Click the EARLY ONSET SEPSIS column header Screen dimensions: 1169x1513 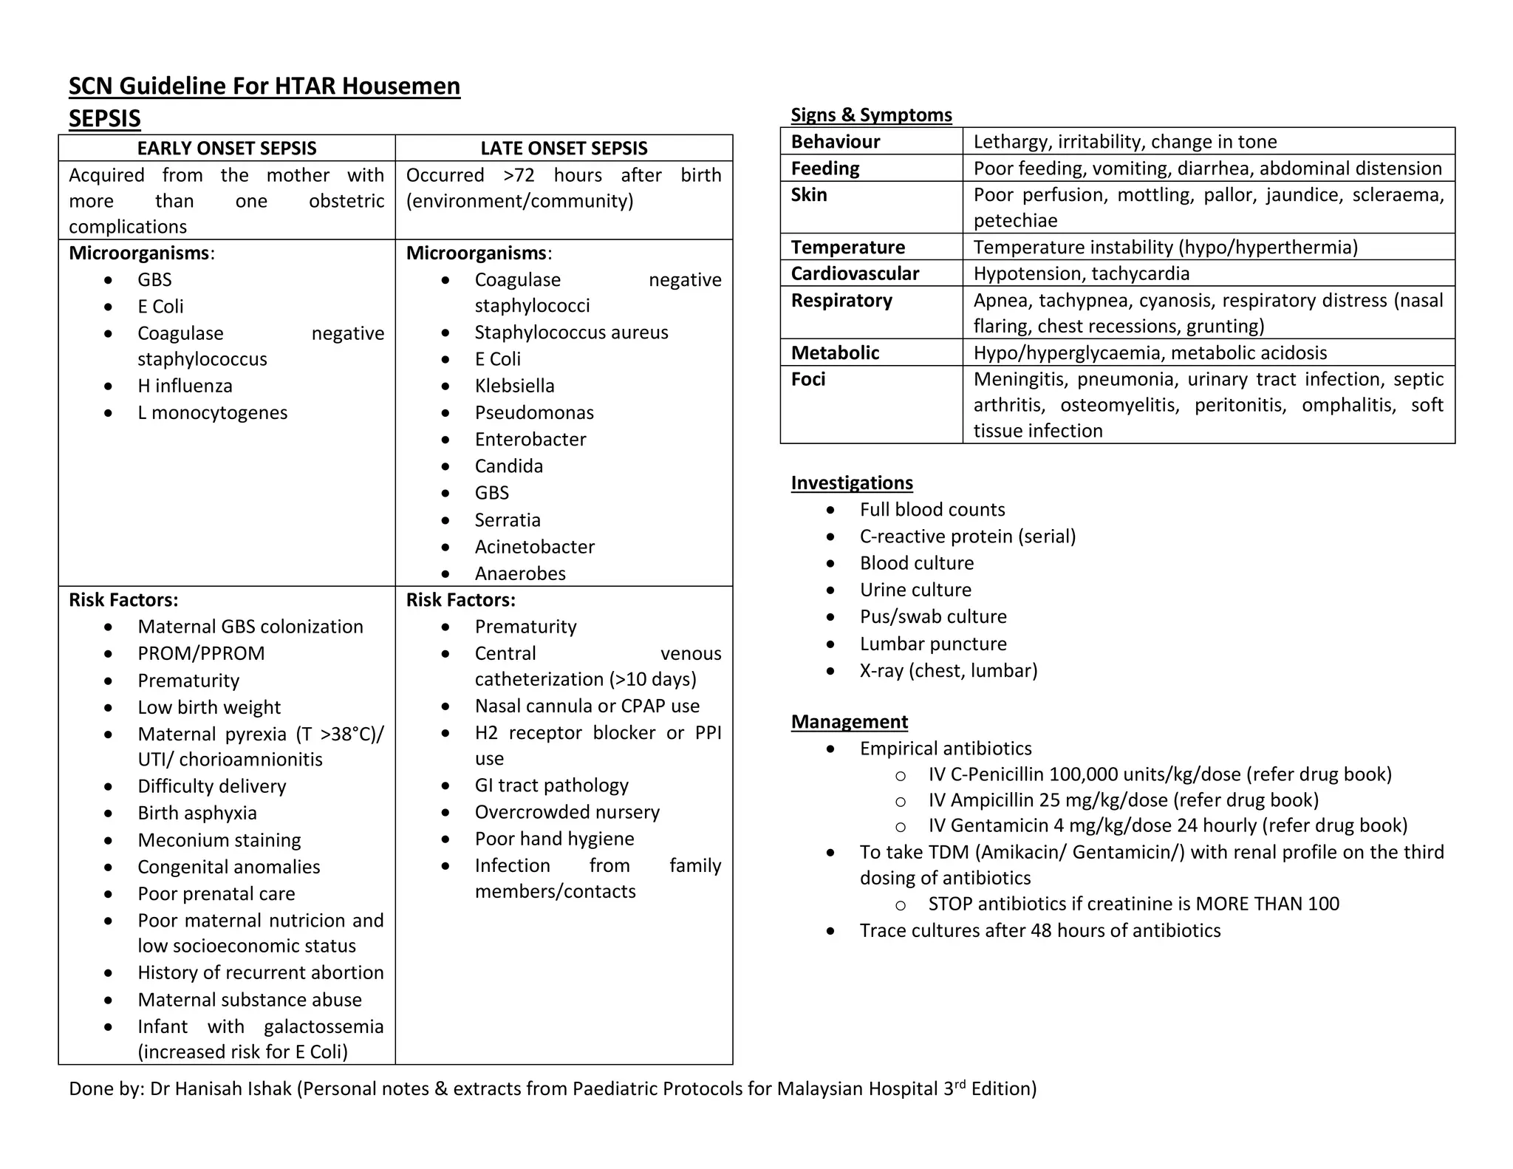tap(226, 149)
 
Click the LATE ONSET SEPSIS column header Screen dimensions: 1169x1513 tap(564, 149)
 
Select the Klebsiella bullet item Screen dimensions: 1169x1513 tap(514, 386)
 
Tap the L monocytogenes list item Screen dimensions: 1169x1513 tap(212, 412)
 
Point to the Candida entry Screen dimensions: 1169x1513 tap(508, 466)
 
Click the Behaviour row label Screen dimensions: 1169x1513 tap(835, 141)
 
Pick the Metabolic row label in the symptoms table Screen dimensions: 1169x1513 tap(835, 352)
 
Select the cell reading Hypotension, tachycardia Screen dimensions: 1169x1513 tap(1081, 273)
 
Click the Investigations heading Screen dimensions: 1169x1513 tap(851, 483)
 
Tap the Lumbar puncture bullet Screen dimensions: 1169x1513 tap(932, 644)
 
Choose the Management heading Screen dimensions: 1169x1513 tap(849, 721)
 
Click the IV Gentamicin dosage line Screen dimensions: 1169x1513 tap(1167, 825)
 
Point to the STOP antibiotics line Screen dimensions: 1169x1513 tap(1133, 904)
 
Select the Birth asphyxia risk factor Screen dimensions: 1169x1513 tap(197, 813)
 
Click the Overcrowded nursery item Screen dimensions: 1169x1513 tap(567, 812)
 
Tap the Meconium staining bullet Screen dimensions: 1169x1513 tap(219, 840)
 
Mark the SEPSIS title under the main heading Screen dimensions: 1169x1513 tap(104, 118)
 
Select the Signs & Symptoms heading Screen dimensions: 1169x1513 tap(870, 115)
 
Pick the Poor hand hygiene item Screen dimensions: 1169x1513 tap(554, 839)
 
